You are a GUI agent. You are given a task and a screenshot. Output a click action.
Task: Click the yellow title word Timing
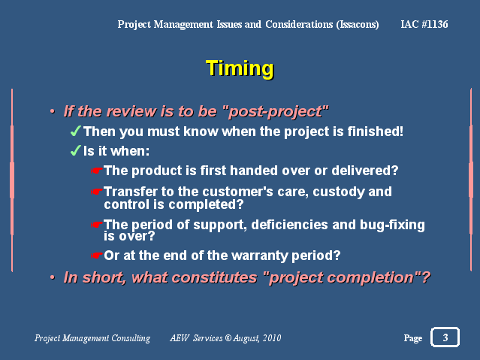coord(240,69)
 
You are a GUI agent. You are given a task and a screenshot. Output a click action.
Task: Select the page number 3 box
coord(445,337)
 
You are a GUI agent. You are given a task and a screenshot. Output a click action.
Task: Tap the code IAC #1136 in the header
coord(424,24)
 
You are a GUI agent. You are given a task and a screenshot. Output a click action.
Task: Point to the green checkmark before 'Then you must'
coord(76,131)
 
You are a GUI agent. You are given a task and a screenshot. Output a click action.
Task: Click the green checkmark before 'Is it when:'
coord(76,151)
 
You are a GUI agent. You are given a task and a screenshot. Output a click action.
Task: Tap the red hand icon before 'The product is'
coord(97,171)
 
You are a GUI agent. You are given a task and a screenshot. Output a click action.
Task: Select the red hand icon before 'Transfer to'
coord(97,192)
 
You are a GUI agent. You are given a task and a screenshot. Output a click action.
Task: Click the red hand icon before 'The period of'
coord(97,225)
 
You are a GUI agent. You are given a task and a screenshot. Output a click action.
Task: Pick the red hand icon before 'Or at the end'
coord(97,256)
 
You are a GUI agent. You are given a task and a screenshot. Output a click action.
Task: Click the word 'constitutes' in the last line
coord(214,277)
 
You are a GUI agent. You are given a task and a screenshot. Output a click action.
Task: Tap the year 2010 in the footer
coord(272,338)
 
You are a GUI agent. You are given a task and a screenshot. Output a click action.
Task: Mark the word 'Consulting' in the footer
coord(131,338)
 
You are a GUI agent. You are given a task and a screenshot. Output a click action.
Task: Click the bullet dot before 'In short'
coord(53,277)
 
